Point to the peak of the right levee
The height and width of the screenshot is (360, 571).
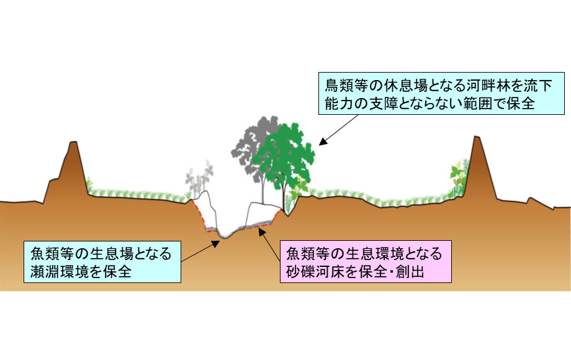pyautogui.click(x=477, y=138)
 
